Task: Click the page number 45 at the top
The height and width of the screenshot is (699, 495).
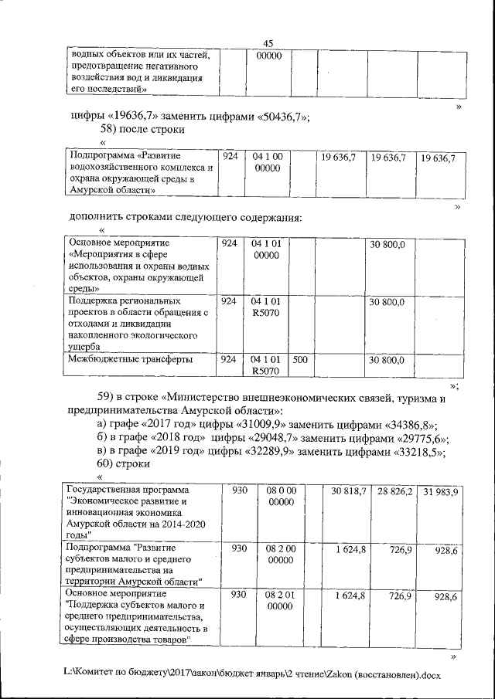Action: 268,43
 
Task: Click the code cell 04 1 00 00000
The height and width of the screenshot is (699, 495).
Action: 266,163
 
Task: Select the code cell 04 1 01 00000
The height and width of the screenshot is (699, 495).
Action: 266,249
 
